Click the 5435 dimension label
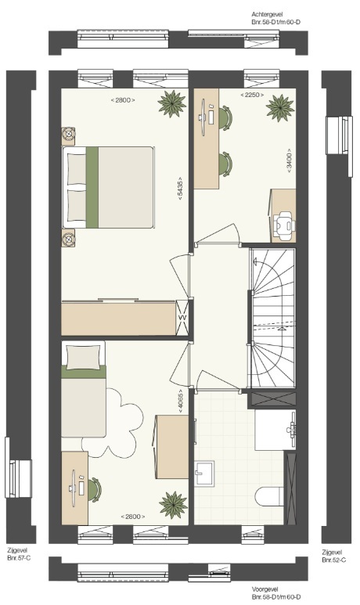pos(180,189)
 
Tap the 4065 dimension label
pos(181,402)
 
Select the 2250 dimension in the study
pos(252,95)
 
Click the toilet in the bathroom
pos(269,496)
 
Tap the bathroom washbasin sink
pos(203,473)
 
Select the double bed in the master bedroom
pos(108,187)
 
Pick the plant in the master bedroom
pos(171,103)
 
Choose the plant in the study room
pos(280,108)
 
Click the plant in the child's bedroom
pos(173,505)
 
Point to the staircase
pos(272,319)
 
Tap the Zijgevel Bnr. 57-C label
pos(19,554)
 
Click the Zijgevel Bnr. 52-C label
pos(333,556)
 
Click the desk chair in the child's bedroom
pos(95,490)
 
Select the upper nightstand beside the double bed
pos(69,136)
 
